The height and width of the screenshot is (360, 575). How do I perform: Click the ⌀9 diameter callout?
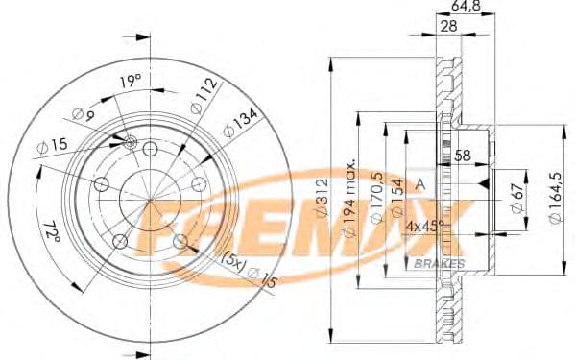pos(86,116)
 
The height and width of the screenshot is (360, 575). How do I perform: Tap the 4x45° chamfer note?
pos(424,227)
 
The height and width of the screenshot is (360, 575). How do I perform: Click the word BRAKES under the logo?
pos(442,263)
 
